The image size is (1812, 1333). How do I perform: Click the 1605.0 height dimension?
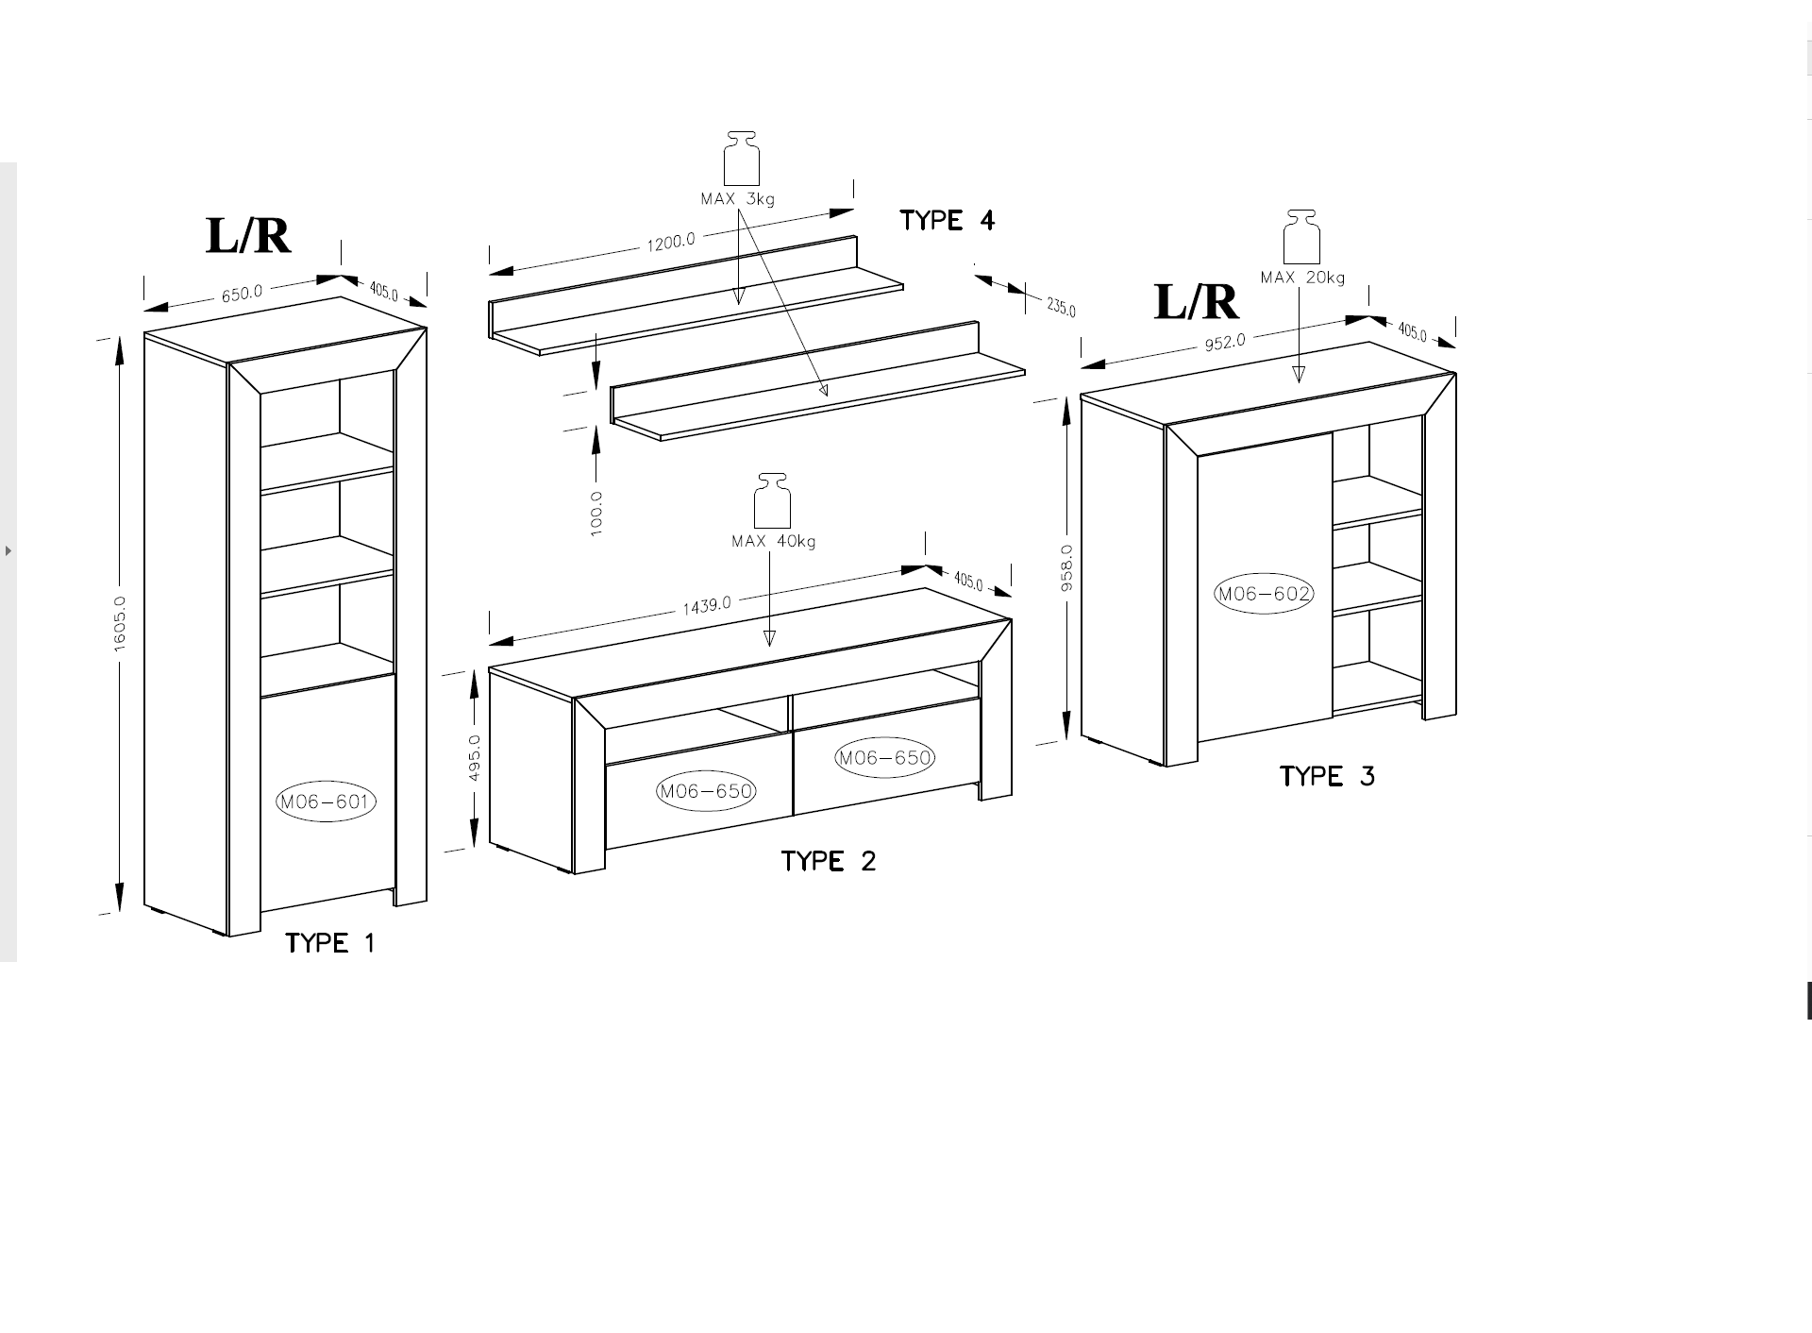tap(120, 624)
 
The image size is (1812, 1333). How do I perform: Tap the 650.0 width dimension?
tap(242, 294)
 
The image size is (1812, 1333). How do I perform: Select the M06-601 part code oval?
tap(326, 802)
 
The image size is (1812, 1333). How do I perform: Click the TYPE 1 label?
tap(330, 943)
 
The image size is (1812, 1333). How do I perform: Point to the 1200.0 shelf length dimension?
tap(671, 243)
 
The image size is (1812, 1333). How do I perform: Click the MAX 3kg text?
tap(737, 199)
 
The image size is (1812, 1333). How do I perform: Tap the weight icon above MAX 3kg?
tap(742, 157)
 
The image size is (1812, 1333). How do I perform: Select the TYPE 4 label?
tap(947, 221)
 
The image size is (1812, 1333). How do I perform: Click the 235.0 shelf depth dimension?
tap(1061, 307)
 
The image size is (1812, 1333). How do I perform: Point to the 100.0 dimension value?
tap(596, 514)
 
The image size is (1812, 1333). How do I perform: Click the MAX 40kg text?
tap(773, 542)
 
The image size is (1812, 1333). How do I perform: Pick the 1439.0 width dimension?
tap(707, 605)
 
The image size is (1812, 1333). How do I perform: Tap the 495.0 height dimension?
tap(475, 758)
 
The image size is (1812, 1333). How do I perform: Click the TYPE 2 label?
tap(829, 861)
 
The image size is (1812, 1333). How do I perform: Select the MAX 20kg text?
tap(1302, 278)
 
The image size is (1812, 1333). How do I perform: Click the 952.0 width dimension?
tap(1225, 342)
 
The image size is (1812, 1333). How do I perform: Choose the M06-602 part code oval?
tap(1264, 594)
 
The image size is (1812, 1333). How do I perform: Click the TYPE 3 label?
tap(1327, 777)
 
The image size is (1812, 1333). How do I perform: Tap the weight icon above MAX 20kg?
tap(1301, 237)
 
